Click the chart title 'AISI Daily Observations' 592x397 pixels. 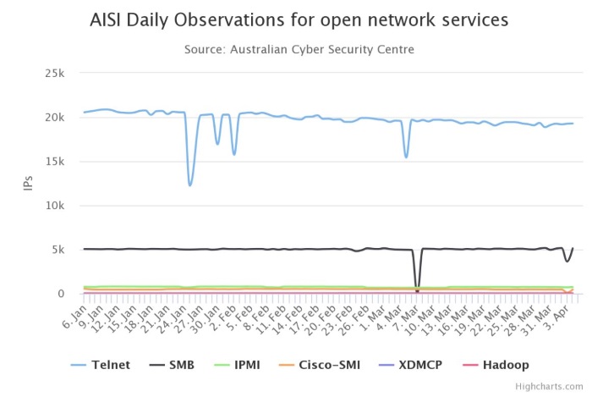[299, 19]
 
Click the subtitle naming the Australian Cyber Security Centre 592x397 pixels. [299, 50]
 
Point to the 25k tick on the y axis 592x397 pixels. [54, 73]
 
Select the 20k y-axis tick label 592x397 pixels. [54, 117]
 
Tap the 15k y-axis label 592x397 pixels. [54, 161]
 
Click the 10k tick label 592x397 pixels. [54, 206]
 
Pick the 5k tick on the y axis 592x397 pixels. [58, 250]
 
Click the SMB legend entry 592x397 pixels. [173, 365]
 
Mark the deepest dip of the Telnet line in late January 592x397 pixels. [189, 185]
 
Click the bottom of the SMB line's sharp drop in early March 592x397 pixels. [416, 290]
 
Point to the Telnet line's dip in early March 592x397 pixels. [406, 157]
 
